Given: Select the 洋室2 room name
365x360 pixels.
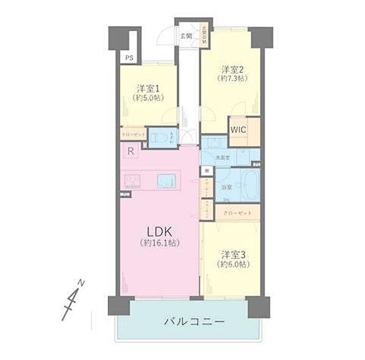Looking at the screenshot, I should point(231,69).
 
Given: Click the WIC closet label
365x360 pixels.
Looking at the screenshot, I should point(238,128).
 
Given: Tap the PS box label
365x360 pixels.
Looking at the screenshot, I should point(128,58).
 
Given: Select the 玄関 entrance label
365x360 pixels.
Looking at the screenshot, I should point(186,36).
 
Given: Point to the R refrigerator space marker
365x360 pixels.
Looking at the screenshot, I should point(130,151).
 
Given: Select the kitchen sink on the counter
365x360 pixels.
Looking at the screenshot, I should point(167,181).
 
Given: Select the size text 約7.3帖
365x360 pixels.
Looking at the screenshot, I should point(231,78).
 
